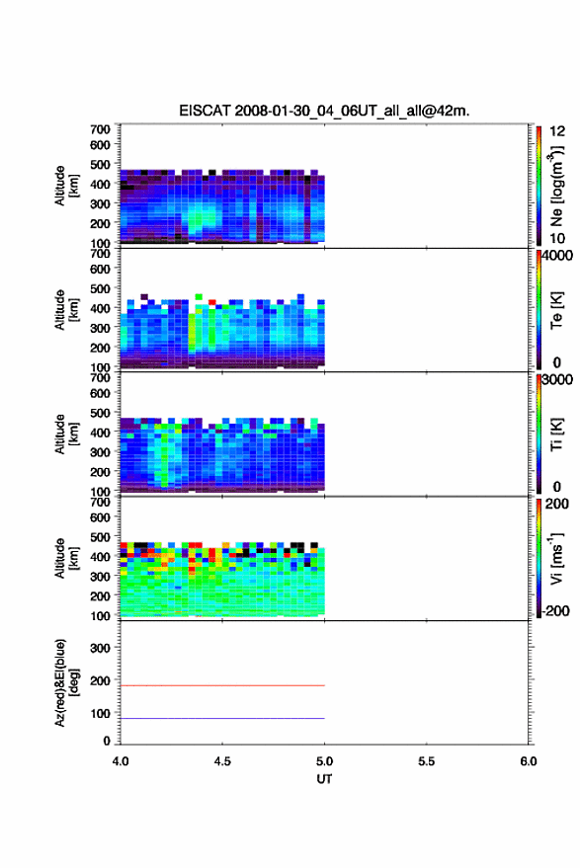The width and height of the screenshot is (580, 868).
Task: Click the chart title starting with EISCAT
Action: pyautogui.click(x=324, y=111)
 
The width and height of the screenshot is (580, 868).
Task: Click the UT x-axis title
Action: pyautogui.click(x=324, y=779)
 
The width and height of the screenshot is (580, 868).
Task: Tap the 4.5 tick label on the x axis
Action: pyautogui.click(x=222, y=761)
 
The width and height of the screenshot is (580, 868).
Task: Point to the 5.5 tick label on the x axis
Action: pyautogui.click(x=426, y=761)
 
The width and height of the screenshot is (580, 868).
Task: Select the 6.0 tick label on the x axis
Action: pyautogui.click(x=528, y=761)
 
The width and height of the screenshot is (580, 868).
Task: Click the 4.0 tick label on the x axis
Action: pyautogui.click(x=121, y=761)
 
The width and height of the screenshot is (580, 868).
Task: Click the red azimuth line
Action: pyautogui.click(x=222, y=685)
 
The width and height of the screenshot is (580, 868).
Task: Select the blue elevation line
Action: pyautogui.click(x=222, y=718)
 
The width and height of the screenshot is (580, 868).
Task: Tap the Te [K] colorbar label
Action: pyautogui.click(x=556, y=310)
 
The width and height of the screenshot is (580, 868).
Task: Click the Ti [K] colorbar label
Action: pyautogui.click(x=556, y=434)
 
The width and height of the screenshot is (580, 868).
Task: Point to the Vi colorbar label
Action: pyautogui.click(x=556, y=559)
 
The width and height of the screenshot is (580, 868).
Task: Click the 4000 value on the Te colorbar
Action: pyautogui.click(x=557, y=256)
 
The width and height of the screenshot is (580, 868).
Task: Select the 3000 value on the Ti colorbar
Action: pyautogui.click(x=557, y=380)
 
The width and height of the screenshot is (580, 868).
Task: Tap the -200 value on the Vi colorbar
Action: pyautogui.click(x=555, y=610)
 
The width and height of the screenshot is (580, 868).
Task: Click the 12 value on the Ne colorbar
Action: pyautogui.click(x=557, y=131)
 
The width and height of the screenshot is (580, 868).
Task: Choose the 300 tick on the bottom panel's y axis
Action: pyautogui.click(x=100, y=648)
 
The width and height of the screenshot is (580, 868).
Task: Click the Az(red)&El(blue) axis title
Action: pyautogui.click(x=66, y=682)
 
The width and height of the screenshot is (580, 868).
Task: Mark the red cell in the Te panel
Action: pyautogui.click(x=212, y=302)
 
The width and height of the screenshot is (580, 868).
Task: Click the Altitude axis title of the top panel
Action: pyautogui.click(x=66, y=186)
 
